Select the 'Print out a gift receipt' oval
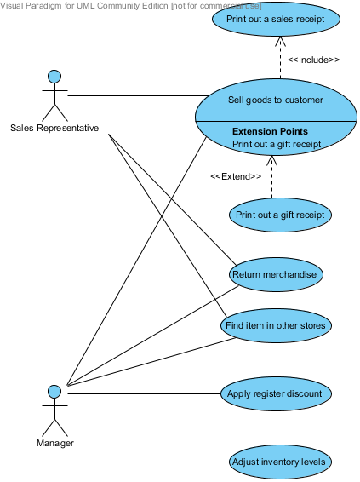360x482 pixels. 280,215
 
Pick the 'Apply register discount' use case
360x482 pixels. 275,393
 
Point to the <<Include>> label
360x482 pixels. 313,60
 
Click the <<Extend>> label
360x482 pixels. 235,176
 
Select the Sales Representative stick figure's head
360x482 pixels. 54,77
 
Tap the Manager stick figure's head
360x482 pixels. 54,392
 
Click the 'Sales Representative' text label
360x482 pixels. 54,129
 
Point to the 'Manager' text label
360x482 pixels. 54,444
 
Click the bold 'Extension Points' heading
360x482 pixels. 270,131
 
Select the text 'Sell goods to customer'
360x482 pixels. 276,100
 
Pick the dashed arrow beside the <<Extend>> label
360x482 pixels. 271,179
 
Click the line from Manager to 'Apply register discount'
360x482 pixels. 145,393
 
